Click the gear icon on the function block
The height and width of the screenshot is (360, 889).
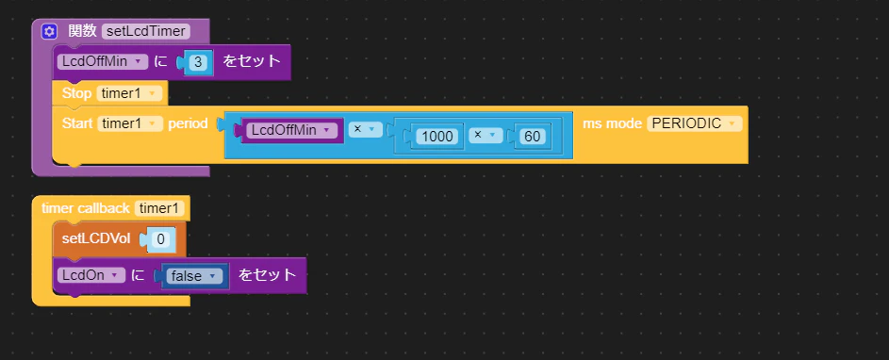(x=50, y=31)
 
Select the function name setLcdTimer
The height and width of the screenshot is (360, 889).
(x=146, y=31)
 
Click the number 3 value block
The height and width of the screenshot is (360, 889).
(x=198, y=62)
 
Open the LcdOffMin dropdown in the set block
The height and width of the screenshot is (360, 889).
(x=103, y=62)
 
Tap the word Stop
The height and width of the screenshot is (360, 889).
(x=76, y=93)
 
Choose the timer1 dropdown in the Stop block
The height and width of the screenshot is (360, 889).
(x=129, y=93)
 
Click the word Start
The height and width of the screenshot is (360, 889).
(x=77, y=123)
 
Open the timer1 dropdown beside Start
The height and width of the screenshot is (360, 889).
(x=130, y=123)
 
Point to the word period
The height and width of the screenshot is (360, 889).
(x=188, y=123)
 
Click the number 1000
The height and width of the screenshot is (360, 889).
(x=436, y=137)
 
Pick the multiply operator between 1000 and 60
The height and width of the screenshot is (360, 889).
(x=485, y=136)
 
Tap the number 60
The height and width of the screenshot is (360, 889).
(x=532, y=137)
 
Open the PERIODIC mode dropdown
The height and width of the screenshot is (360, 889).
(x=694, y=123)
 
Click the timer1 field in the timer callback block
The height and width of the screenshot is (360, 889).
(x=159, y=208)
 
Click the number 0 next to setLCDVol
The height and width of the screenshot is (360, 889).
(x=160, y=239)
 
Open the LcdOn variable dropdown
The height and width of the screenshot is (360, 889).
(x=91, y=275)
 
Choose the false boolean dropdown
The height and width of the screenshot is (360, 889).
(x=194, y=276)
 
